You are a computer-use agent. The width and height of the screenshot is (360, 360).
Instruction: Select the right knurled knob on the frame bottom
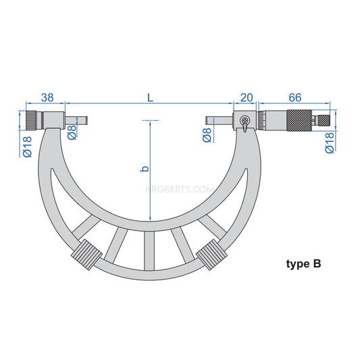[x=210, y=257]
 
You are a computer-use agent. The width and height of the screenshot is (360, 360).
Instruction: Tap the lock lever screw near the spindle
[x=244, y=122]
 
